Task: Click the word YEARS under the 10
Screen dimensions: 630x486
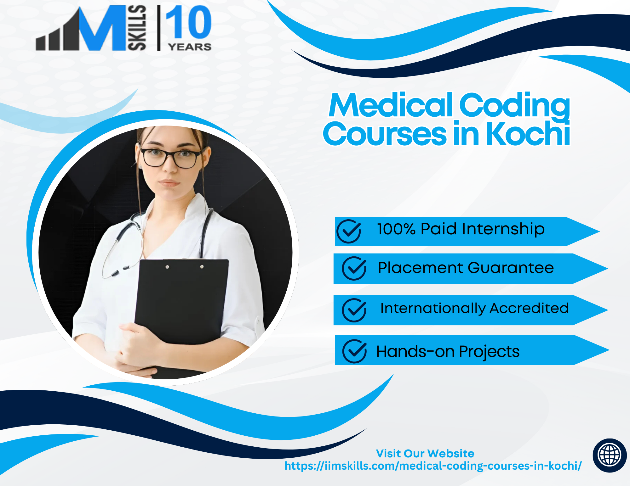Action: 190,47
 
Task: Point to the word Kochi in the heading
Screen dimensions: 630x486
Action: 528,134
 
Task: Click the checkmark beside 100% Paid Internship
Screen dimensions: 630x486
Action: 349,231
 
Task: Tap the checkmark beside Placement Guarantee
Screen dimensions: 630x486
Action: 354,268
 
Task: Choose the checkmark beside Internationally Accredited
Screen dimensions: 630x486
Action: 354,310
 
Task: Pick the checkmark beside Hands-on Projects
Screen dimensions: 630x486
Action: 355,351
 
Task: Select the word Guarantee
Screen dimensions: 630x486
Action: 511,268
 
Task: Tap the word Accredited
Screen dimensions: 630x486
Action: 529,308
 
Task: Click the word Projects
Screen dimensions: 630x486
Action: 489,352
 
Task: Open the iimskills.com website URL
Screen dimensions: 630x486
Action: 433,466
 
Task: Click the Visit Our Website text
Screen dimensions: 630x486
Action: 425,453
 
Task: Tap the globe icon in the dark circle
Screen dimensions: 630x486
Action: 610,455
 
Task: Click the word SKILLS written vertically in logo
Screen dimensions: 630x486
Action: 137,28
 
